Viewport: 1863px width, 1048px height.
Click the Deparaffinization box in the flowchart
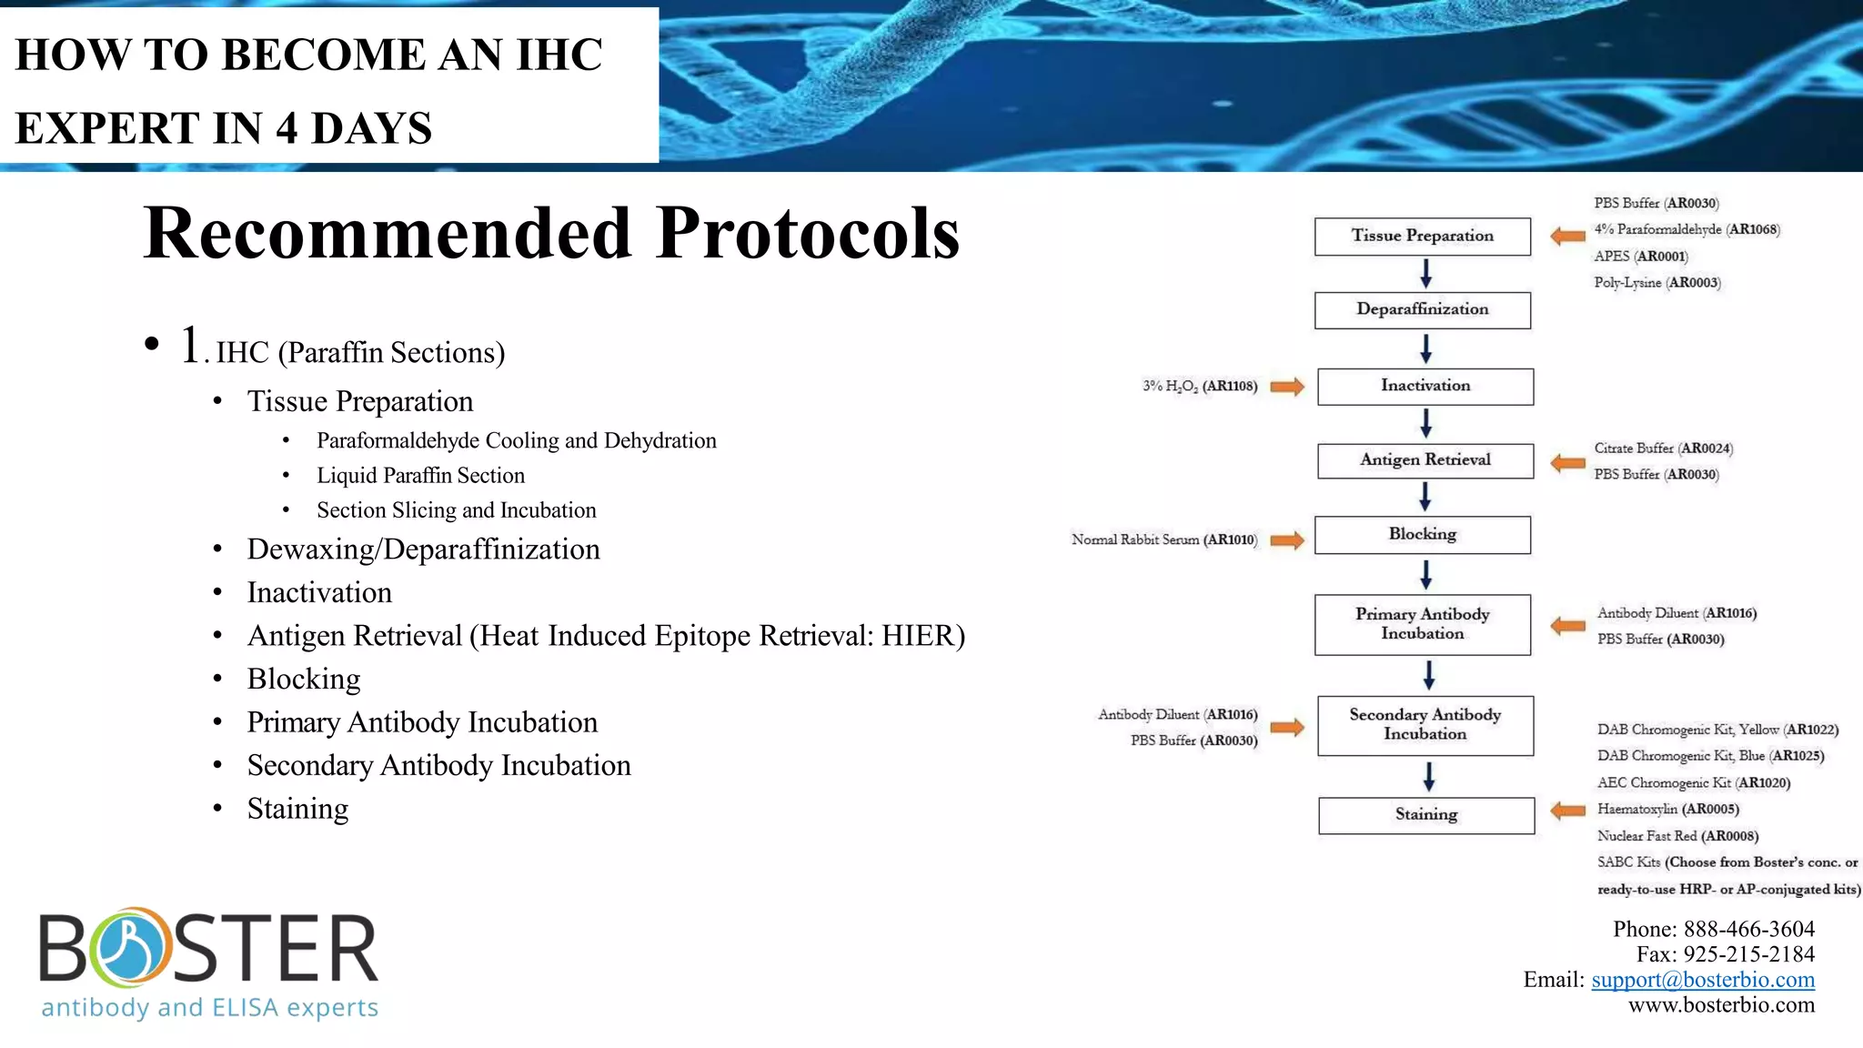tap(1422, 309)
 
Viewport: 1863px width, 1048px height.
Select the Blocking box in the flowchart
tap(1422, 534)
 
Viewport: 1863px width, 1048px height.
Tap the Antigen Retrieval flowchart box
tap(1425, 459)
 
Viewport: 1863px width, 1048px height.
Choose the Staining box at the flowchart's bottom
tap(1425, 814)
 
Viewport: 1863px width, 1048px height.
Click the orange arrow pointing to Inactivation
tap(1287, 387)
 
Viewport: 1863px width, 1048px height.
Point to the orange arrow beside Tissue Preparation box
tap(1567, 237)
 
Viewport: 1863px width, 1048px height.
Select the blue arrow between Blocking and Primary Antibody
tap(1425, 574)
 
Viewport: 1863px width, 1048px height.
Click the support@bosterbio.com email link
tap(1702, 980)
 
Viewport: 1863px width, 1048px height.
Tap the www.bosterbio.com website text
tap(1720, 1005)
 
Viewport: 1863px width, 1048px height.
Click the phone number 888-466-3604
tap(1748, 929)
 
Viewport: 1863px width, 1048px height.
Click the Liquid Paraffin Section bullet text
tap(420, 476)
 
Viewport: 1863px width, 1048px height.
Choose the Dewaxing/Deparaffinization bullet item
tap(423, 549)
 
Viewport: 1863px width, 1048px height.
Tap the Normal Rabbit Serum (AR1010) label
tap(1163, 539)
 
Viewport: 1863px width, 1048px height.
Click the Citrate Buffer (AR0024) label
tap(1663, 448)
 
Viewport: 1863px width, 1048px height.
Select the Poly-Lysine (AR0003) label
tap(1657, 283)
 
